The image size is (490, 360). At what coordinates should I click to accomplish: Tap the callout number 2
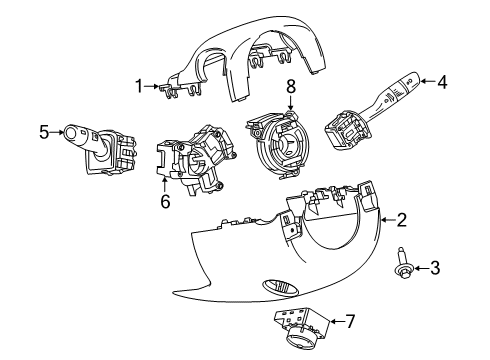(x=401, y=219)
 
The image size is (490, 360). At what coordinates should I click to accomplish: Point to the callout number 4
(x=444, y=84)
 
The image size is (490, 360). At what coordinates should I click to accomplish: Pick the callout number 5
(x=44, y=129)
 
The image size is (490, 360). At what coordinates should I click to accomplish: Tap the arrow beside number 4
(x=428, y=84)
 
